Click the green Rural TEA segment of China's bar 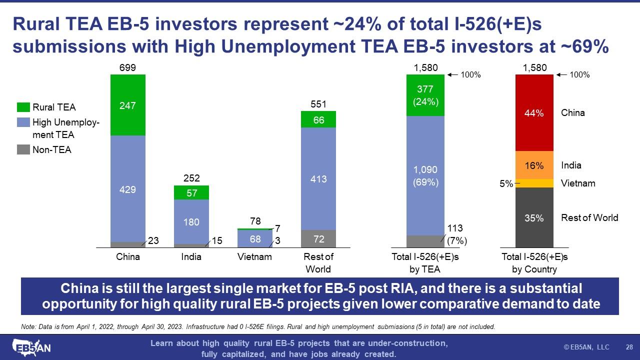click(128, 105)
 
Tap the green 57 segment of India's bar click(191, 192)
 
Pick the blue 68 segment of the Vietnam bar click(255, 238)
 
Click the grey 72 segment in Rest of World click(318, 238)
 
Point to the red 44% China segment click(534, 113)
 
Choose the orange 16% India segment click(534, 165)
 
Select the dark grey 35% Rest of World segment click(534, 217)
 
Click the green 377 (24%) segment click(425, 95)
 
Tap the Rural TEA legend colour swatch click(23, 107)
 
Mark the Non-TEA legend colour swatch click(23, 149)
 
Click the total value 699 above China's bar click(128, 68)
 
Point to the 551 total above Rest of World click(318, 104)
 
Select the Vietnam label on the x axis click(255, 257)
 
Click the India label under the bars click(191, 257)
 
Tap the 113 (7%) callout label click(456, 235)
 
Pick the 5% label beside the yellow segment click(506, 183)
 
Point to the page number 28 click(629, 347)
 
